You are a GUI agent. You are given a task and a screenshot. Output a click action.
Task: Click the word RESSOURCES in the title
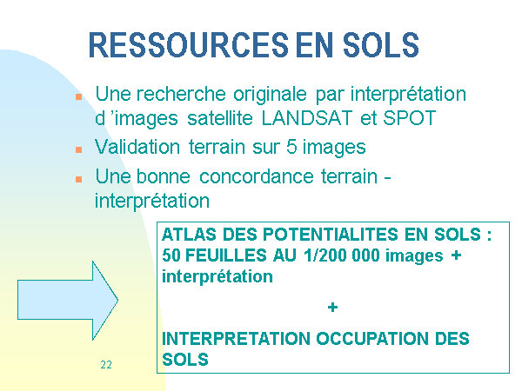click(189, 45)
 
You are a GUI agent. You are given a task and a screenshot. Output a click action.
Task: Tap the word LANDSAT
click(306, 118)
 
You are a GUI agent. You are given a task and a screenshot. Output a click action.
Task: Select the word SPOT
click(410, 118)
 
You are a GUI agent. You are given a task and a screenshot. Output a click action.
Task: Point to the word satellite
click(220, 118)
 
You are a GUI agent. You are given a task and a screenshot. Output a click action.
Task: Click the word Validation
click(137, 147)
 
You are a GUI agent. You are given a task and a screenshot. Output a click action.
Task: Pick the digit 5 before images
click(291, 147)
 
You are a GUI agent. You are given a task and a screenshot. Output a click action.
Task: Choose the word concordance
click(257, 176)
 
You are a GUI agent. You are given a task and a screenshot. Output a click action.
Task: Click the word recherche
click(181, 94)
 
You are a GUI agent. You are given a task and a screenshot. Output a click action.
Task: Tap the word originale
click(270, 95)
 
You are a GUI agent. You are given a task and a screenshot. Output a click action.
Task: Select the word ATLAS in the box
click(189, 235)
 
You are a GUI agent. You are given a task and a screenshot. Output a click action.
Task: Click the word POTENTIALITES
click(331, 235)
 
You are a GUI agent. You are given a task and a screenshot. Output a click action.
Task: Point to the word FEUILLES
click(225, 255)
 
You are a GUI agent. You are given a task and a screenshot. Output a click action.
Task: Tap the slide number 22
click(106, 365)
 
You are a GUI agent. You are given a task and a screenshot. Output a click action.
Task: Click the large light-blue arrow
click(68, 301)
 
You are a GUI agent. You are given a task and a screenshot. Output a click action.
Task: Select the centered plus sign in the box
click(332, 308)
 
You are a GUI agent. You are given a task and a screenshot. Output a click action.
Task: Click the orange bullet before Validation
click(79, 149)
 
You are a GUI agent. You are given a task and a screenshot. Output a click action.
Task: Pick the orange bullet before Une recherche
click(79, 96)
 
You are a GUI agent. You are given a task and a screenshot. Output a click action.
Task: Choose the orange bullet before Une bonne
click(79, 179)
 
